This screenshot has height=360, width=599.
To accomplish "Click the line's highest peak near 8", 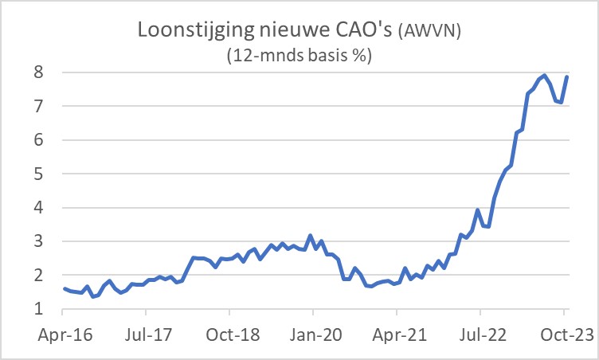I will point(544,76).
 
